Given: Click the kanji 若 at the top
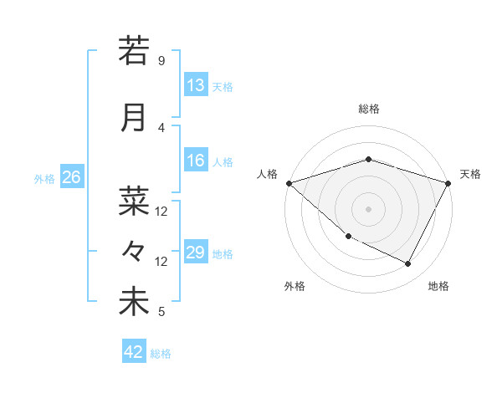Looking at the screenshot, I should click(x=134, y=51).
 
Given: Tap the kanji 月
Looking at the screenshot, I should click(x=134, y=117).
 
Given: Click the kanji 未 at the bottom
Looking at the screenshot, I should click(x=134, y=302).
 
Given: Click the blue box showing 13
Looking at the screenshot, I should click(x=195, y=84).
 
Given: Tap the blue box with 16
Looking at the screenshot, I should click(x=195, y=161).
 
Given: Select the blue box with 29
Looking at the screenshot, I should click(x=195, y=253).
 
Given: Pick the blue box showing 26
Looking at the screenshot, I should click(x=71, y=176).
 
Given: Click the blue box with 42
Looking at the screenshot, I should click(x=134, y=352).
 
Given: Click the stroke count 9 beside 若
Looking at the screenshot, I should click(x=161, y=61).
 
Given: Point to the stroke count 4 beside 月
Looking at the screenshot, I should click(x=161, y=127).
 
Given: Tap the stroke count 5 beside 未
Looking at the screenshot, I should click(x=161, y=313).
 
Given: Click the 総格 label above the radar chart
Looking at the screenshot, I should click(x=368, y=109).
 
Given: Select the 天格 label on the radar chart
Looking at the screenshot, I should click(x=470, y=174).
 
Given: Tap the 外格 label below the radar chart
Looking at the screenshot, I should click(x=295, y=286).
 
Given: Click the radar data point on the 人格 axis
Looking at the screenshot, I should click(x=289, y=182).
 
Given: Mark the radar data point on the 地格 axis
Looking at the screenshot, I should click(x=408, y=263).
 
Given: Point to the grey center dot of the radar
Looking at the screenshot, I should click(x=368, y=208).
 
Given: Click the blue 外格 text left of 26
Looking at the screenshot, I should click(x=44, y=178).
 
